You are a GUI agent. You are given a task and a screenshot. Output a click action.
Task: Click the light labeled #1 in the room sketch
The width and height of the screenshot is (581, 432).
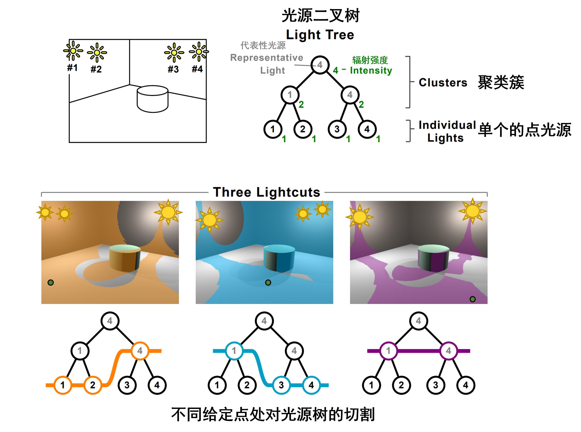73,51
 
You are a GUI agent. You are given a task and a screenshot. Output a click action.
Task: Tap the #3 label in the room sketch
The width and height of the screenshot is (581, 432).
173,69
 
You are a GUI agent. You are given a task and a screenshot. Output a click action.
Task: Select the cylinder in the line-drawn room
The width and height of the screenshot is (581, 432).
152,99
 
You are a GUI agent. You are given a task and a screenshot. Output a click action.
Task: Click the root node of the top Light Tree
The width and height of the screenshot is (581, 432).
320,65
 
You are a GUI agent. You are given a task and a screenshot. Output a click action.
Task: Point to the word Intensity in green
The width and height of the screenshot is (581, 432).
371,70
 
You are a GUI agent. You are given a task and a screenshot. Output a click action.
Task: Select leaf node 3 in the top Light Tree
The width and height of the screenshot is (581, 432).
337,129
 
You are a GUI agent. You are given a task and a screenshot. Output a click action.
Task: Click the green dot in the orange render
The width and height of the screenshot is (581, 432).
51,282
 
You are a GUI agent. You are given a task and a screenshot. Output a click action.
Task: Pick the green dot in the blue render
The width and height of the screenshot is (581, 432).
268,282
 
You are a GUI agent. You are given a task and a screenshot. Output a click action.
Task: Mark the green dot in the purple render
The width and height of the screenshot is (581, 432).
472,299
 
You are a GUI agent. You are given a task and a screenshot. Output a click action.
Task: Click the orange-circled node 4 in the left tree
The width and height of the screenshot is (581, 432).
140,351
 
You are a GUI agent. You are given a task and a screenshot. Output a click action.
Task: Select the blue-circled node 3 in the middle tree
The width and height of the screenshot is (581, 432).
281,385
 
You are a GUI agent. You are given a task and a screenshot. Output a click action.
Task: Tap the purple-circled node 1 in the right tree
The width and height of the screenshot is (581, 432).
388,351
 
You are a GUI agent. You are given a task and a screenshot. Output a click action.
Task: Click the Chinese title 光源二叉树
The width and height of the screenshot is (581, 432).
320,16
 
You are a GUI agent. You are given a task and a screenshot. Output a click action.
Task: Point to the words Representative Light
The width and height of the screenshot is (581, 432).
267,64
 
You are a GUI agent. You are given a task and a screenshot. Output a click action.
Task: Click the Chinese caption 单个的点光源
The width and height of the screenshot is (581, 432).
525,130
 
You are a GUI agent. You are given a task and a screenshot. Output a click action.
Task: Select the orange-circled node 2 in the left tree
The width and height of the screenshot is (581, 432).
93,385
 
